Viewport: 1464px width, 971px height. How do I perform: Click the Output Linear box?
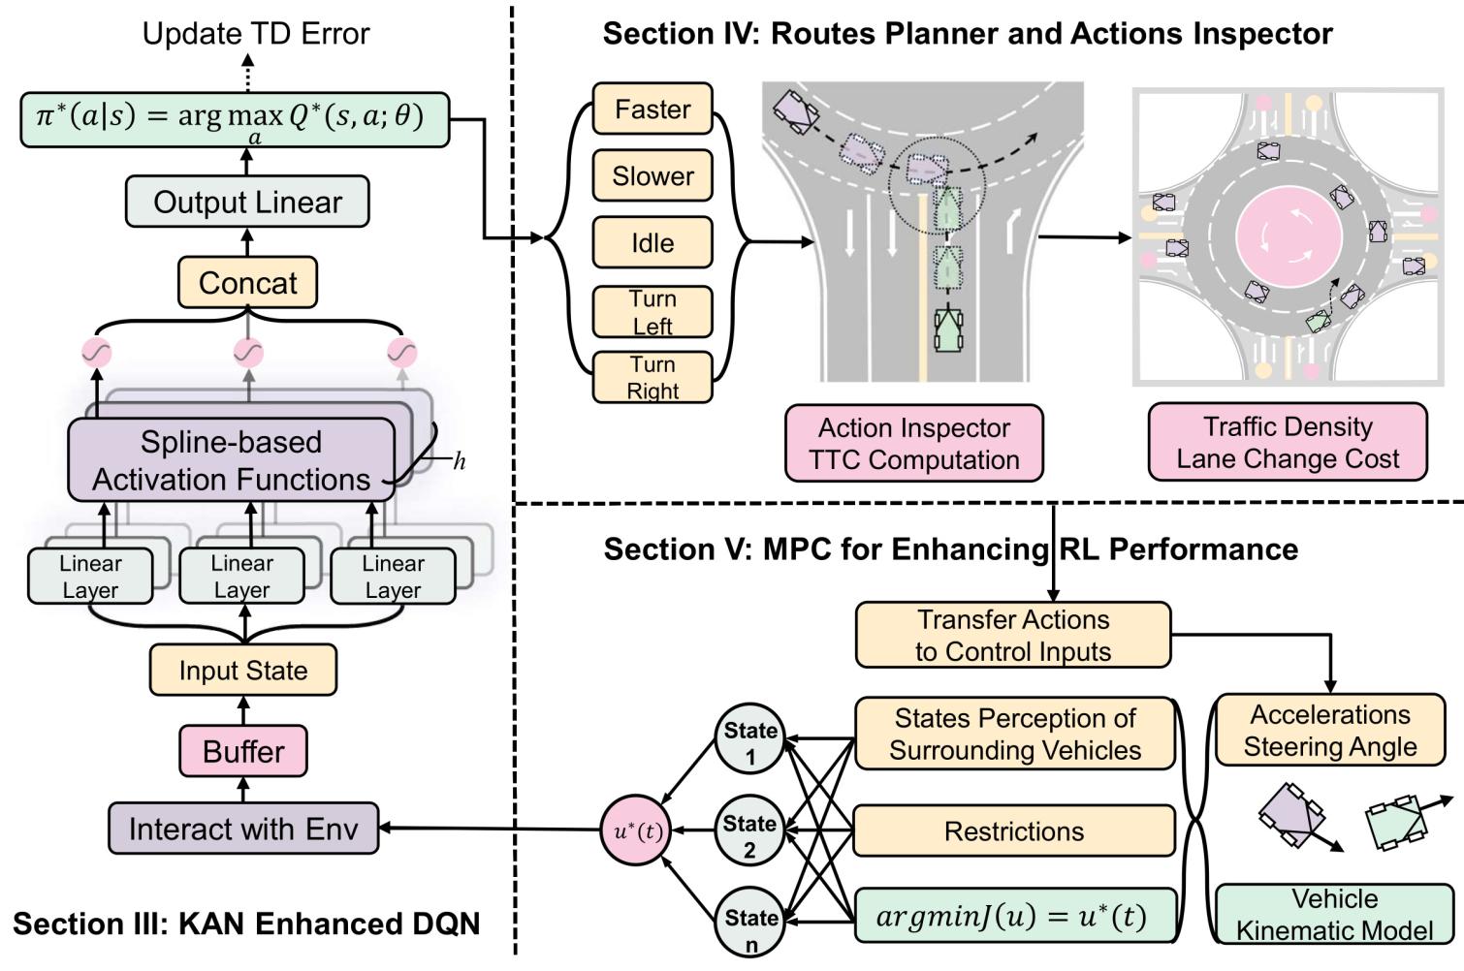click(247, 202)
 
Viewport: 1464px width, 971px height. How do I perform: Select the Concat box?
click(247, 282)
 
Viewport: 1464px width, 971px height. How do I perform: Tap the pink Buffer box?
click(243, 751)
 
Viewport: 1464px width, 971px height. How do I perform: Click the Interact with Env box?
click(243, 828)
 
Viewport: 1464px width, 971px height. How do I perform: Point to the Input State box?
click(243, 670)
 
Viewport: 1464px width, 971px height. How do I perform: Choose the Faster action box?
click(652, 109)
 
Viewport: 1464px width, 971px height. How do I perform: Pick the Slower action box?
click(652, 175)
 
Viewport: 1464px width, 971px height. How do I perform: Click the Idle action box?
click(652, 242)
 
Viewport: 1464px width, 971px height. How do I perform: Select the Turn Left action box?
click(652, 312)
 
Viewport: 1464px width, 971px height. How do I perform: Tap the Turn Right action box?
click(652, 377)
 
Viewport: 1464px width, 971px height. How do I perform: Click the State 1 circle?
click(750, 739)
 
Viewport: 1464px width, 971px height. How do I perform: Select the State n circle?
click(750, 924)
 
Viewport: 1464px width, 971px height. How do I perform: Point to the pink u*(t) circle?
click(636, 830)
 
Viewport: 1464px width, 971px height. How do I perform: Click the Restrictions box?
click(1014, 830)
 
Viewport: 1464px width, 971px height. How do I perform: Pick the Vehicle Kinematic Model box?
click(1335, 914)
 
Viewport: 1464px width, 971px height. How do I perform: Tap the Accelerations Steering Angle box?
click(1330, 730)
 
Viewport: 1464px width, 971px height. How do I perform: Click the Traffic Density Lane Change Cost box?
click(1288, 442)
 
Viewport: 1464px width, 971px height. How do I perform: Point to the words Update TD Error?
click(256, 33)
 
